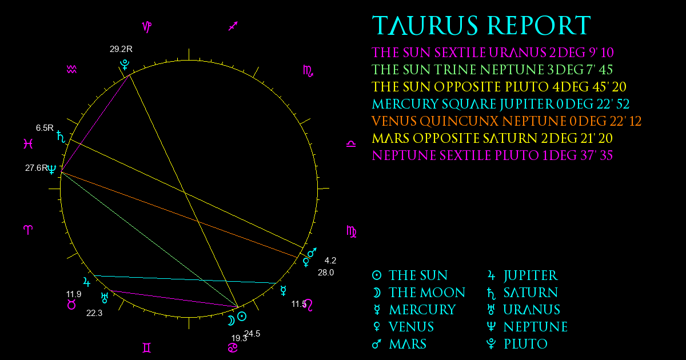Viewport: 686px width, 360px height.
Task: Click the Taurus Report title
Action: pyautogui.click(x=481, y=25)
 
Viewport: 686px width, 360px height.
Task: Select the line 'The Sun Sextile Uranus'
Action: pyautogui.click(x=493, y=53)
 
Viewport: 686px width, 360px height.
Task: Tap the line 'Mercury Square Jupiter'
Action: pyautogui.click(x=501, y=104)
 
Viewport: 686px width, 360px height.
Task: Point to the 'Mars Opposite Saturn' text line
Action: pyautogui.click(x=492, y=138)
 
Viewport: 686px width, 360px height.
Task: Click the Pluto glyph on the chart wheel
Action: pyautogui.click(x=125, y=65)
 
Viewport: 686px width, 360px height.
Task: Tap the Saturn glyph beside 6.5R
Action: pyautogui.click(x=61, y=137)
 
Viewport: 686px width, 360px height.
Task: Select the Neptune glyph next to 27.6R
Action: pyautogui.click(x=52, y=169)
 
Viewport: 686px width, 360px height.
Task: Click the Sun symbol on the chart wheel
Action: pyautogui.click(x=242, y=316)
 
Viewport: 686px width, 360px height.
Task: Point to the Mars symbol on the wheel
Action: pyautogui.click(x=312, y=253)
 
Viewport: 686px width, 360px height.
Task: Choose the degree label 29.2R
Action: pyautogui.click(x=121, y=49)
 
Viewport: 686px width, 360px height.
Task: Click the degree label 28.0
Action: pyautogui.click(x=326, y=273)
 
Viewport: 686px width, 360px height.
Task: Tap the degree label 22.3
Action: pyautogui.click(x=94, y=313)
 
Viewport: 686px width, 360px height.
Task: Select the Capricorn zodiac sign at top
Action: pyautogui.click(x=147, y=27)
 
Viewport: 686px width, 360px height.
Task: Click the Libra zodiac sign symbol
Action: pyautogui.click(x=351, y=143)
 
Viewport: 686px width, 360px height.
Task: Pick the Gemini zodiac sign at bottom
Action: pyautogui.click(x=147, y=348)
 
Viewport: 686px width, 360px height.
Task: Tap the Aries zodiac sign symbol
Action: pyautogui.click(x=28, y=230)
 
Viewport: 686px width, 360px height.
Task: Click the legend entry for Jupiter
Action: pyautogui.click(x=523, y=275)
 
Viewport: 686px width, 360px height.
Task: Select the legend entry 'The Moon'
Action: pyautogui.click(x=418, y=293)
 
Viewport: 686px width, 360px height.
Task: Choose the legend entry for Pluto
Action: pyautogui.click(x=517, y=344)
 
